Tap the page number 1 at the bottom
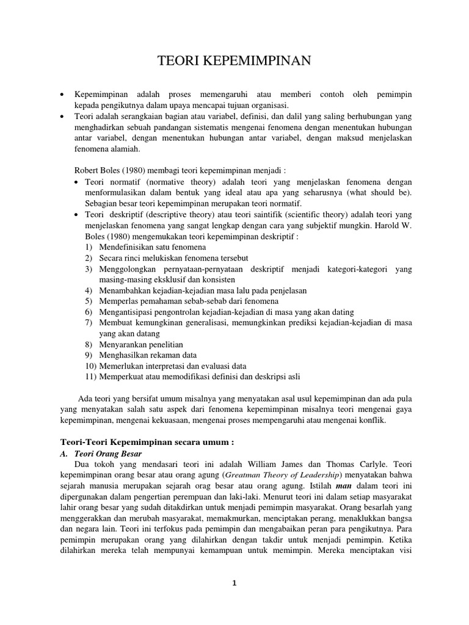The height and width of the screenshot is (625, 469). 234,583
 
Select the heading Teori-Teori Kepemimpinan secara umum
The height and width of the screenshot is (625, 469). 147,441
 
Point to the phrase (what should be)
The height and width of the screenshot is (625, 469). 375,193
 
